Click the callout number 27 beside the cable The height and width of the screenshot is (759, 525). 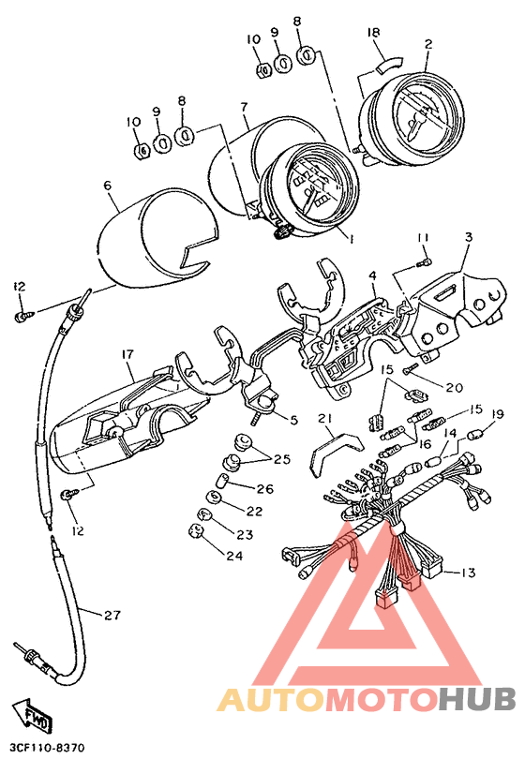pyautogui.click(x=112, y=616)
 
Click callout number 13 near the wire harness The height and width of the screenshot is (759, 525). pyautogui.click(x=469, y=573)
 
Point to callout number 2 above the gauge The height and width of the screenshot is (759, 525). pyautogui.click(x=428, y=44)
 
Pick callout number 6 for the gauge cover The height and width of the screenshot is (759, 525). pyautogui.click(x=108, y=186)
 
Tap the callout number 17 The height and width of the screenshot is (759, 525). pyautogui.click(x=127, y=355)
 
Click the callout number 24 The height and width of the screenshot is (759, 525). pyautogui.click(x=234, y=556)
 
